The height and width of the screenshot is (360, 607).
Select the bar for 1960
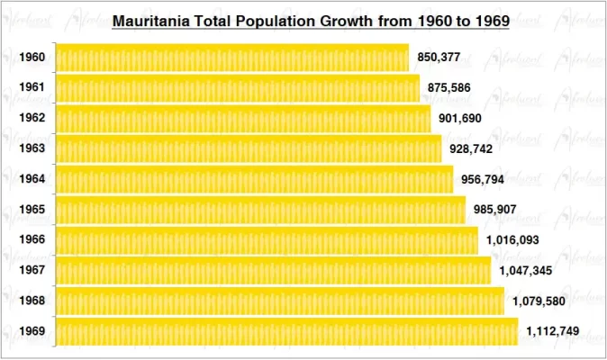pos(232,58)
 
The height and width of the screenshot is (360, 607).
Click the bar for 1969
pos(286,332)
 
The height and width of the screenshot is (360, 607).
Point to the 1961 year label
pos(32,88)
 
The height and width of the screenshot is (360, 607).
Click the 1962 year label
pos(32,118)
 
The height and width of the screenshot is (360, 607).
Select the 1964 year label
pos(32,179)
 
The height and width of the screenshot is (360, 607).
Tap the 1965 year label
pos(32,211)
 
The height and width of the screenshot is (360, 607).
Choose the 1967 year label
pos(32,271)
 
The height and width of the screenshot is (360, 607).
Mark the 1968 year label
pos(32,301)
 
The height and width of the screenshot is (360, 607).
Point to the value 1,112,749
pos(552,332)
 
